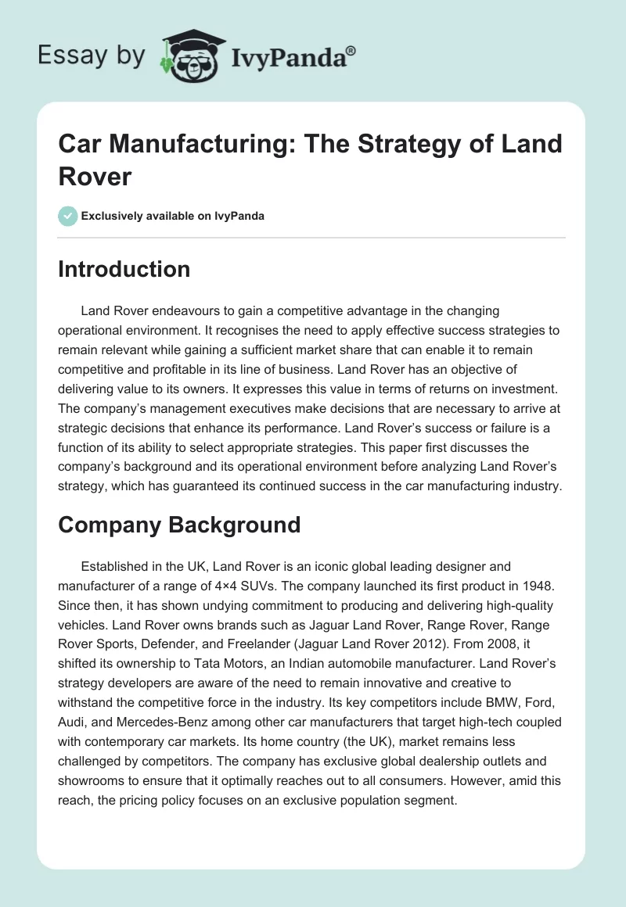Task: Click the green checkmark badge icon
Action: click(x=68, y=216)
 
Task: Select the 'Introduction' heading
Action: click(x=124, y=269)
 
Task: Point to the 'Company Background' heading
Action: click(x=179, y=524)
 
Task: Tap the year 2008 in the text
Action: click(x=541, y=646)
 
